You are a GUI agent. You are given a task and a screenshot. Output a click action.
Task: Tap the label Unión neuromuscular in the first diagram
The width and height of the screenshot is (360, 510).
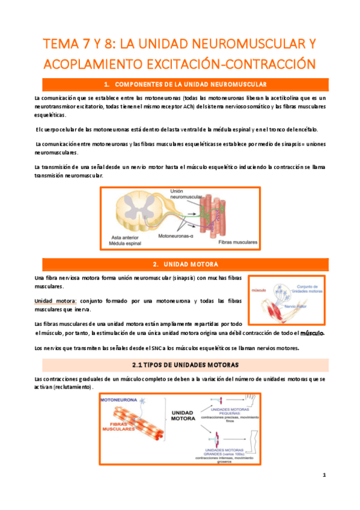(187, 194)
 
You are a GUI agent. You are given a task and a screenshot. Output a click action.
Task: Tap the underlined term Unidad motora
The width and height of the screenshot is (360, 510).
(54, 300)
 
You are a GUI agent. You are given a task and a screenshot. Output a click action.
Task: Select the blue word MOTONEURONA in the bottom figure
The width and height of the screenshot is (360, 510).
(121, 400)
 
